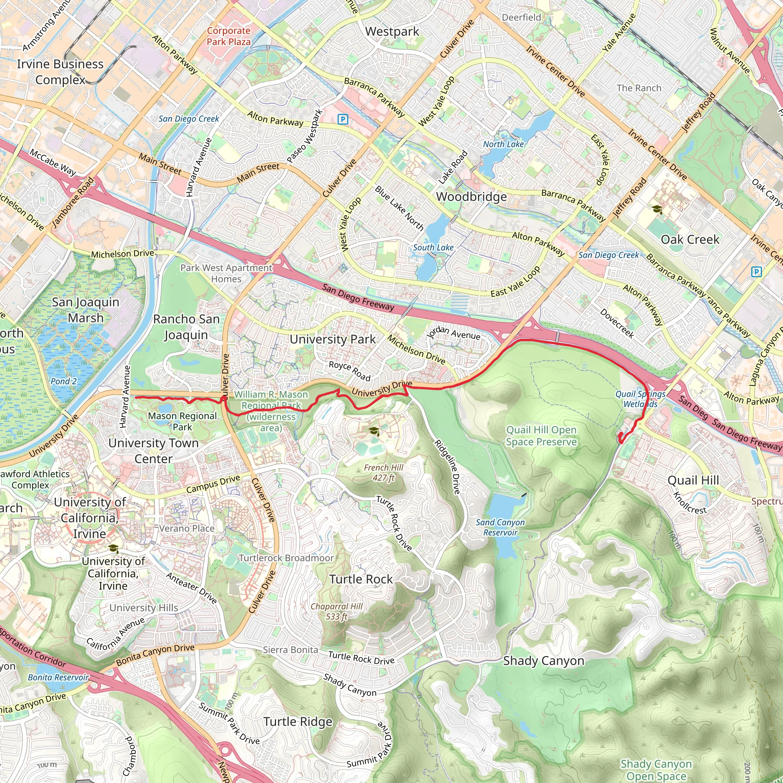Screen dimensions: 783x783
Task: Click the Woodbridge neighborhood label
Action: [471, 197]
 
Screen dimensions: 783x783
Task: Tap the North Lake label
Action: [504, 144]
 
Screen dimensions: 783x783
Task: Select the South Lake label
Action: [433, 247]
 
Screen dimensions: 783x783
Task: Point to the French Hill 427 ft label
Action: [383, 473]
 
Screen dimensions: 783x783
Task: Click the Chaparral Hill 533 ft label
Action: [336, 612]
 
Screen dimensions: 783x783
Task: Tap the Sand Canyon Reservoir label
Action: [500, 527]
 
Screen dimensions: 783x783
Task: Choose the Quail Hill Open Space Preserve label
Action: [541, 436]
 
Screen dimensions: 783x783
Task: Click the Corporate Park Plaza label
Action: [229, 36]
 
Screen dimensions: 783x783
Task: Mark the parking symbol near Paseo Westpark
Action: [343, 119]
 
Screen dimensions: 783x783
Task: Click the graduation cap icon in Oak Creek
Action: [656, 210]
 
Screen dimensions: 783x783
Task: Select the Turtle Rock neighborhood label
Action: [361, 579]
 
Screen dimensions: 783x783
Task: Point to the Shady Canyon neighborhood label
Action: [544, 661]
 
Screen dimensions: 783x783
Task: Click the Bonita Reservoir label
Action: [58, 677]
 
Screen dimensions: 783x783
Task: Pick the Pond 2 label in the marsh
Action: [63, 381]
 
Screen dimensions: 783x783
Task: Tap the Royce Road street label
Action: [349, 371]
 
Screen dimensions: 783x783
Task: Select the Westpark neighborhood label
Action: [392, 32]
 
